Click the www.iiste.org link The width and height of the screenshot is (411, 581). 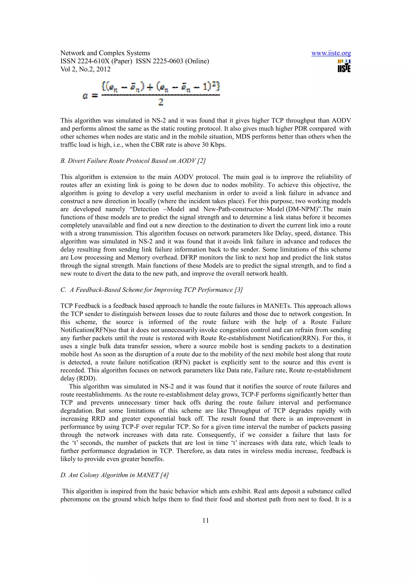click(331, 53)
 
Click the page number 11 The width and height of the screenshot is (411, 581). click(205, 520)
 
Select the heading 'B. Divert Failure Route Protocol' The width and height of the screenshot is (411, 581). click(133, 161)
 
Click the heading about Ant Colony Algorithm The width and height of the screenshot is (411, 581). click(114, 475)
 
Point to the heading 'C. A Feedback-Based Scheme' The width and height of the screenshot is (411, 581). click(151, 290)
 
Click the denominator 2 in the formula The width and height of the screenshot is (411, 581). click(161, 102)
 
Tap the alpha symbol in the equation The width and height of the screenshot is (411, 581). click(85, 96)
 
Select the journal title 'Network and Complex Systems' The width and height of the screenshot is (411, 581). click(105, 53)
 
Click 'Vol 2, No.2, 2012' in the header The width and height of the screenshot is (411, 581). click(85, 69)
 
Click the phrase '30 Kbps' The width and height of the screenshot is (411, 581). click(213, 145)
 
